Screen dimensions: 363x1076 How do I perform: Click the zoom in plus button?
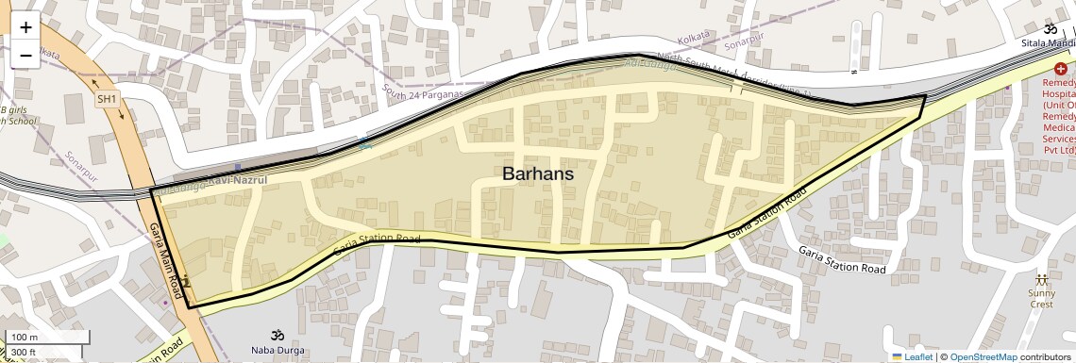pos(25,27)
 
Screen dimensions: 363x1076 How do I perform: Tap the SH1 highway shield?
pos(107,99)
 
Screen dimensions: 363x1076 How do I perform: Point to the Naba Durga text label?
pos(277,352)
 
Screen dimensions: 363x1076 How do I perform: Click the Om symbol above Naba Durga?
pos(277,335)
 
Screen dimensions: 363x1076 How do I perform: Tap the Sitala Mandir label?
pos(1048,43)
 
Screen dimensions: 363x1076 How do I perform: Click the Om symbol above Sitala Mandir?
pos(1050,28)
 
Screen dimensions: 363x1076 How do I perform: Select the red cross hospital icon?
pos(1061,69)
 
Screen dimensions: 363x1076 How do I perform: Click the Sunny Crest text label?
pos(1042,298)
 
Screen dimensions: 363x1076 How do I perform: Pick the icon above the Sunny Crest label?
pos(1042,280)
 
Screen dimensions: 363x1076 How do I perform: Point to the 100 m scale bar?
pos(47,338)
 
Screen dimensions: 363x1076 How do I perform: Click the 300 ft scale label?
pos(25,352)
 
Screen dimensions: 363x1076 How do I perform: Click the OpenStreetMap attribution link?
pos(983,356)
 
